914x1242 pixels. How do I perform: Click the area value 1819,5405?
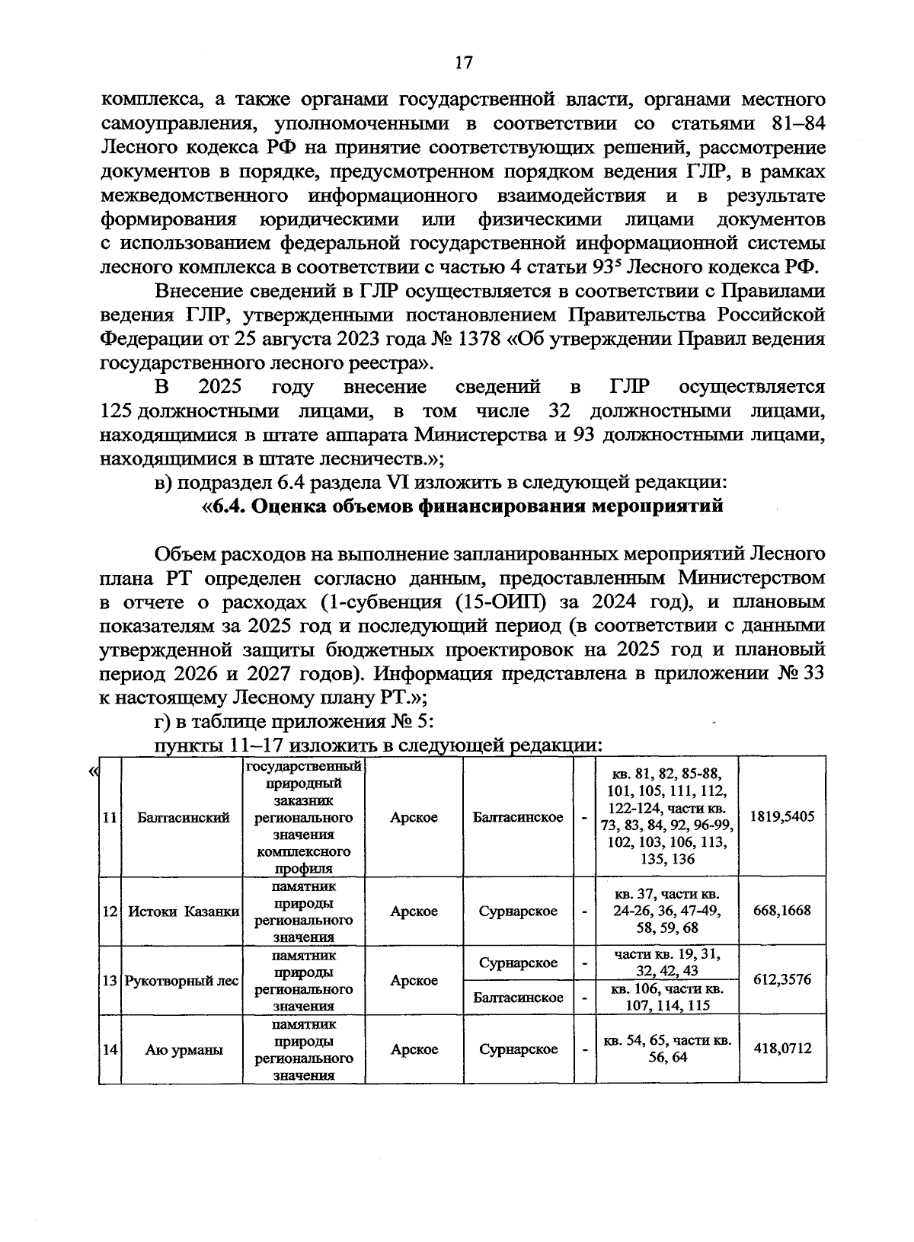pos(782,816)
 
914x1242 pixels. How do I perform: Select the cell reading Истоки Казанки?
pos(184,912)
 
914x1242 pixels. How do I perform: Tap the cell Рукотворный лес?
pos(182,981)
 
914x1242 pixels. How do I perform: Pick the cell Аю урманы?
pos(184,1049)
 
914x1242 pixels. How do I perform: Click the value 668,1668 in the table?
pos(782,911)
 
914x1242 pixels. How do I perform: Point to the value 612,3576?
pos(782,980)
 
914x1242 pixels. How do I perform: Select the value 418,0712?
pos(782,1049)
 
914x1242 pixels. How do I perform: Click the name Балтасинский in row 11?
pos(184,817)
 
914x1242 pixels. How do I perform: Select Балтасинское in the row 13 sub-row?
pos(518,998)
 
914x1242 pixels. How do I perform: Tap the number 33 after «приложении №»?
pos(812,674)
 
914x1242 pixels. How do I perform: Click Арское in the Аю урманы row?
pos(414,1049)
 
